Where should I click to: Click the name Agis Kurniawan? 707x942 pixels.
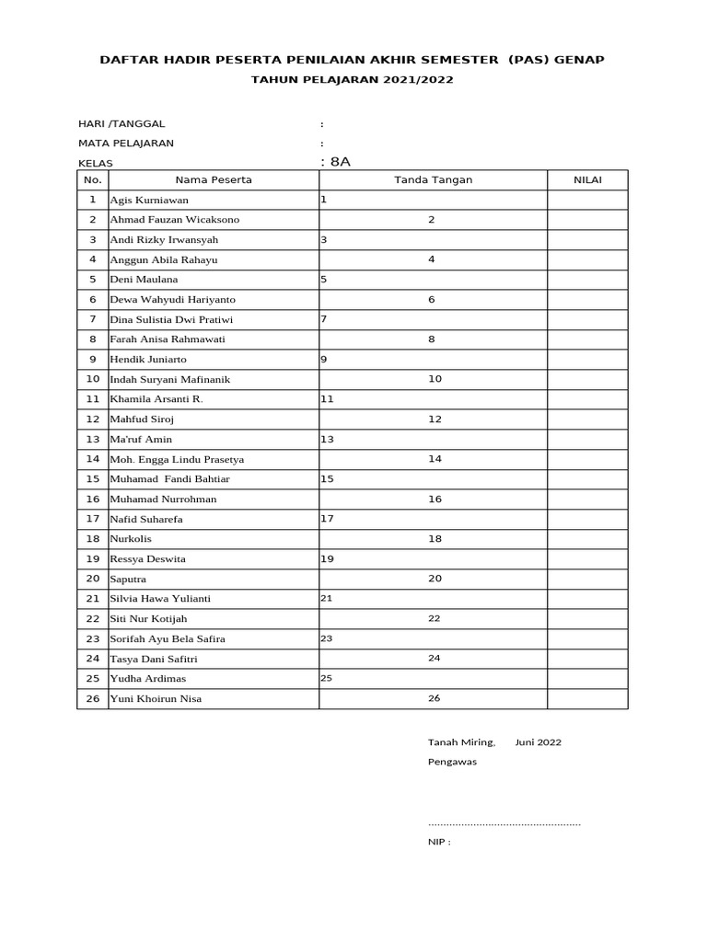[149, 200]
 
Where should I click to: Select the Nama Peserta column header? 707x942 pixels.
[214, 179]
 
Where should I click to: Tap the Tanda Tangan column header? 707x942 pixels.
[433, 179]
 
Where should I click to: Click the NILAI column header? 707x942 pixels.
[587, 179]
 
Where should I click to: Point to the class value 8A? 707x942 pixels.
[340, 162]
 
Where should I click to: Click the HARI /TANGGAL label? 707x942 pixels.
[122, 123]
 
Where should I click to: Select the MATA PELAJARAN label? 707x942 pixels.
[126, 143]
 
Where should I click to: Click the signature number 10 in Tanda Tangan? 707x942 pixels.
[435, 379]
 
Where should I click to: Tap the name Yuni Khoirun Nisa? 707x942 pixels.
[156, 699]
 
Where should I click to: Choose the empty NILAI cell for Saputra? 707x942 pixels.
[587, 579]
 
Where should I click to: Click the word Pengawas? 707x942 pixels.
[452, 762]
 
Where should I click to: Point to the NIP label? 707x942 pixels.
[438, 842]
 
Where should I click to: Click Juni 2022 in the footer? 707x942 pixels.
[539, 742]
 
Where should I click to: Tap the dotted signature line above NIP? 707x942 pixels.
[504, 823]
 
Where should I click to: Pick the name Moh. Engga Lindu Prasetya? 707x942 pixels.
[177, 459]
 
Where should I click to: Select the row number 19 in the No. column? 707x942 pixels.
[92, 558]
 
